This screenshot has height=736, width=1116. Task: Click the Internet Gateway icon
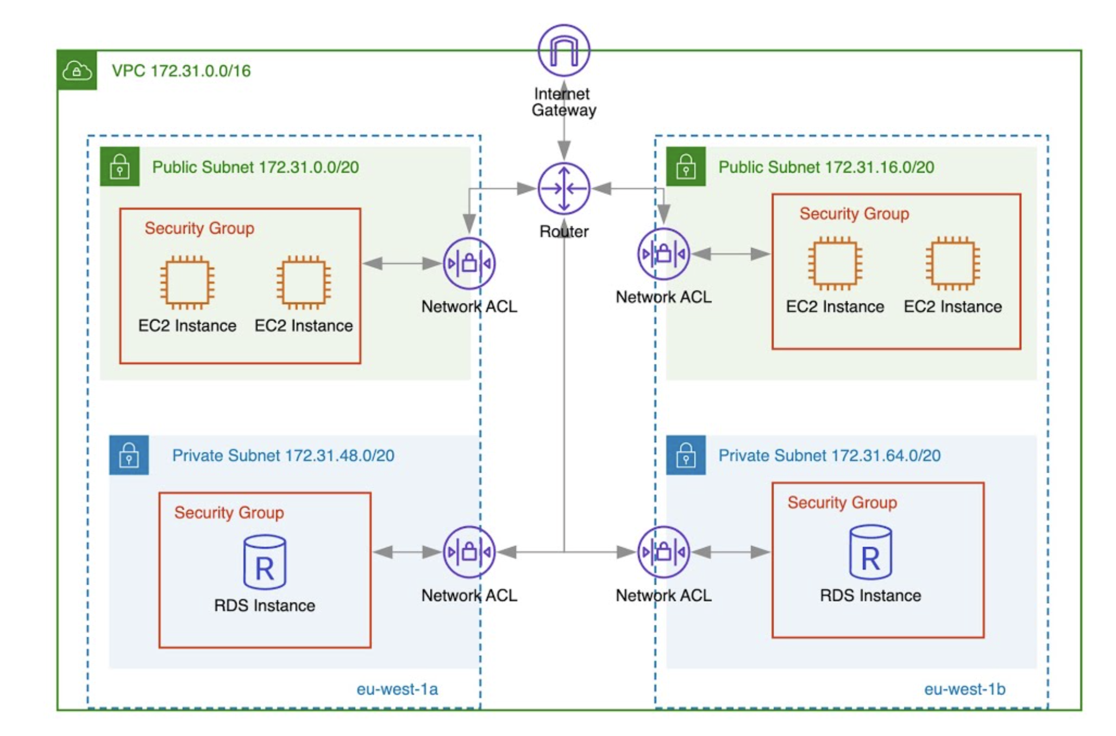563,51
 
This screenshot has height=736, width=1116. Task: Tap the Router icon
563,189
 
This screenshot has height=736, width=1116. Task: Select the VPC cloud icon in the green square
77,71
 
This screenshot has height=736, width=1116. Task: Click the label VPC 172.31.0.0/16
181,71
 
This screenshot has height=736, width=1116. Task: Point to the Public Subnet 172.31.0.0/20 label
255,167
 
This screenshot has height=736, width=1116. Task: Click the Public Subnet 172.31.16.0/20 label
826,167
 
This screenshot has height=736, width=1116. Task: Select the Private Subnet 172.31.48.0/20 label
283,456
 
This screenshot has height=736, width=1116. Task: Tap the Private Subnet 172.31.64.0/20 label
829,456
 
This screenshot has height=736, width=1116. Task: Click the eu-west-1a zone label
397,689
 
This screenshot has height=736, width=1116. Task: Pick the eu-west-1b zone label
964,689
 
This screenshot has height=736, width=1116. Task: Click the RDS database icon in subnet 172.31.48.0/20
265,562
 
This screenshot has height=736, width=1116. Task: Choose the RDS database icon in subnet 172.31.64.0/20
870,552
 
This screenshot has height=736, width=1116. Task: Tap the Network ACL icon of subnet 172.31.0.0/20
469,264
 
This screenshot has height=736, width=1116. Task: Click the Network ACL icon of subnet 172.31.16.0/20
663,254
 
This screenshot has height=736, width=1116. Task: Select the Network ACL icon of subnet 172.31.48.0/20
469,552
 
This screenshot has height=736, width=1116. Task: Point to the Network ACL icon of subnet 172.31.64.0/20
663,552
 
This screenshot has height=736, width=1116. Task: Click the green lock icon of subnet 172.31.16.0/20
686,166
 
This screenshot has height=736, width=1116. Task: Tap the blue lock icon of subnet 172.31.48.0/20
129,455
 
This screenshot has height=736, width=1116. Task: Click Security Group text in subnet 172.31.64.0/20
842,502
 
